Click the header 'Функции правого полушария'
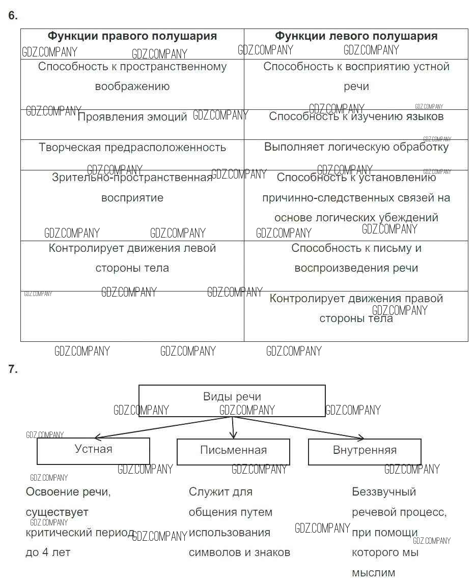132,36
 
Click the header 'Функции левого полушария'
356,36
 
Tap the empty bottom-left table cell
132,316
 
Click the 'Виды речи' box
232,400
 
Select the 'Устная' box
93,450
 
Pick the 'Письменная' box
233,451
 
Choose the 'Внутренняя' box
365,451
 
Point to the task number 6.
13,16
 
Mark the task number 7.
13,370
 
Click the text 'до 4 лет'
48,552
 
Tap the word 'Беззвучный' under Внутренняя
384,492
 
